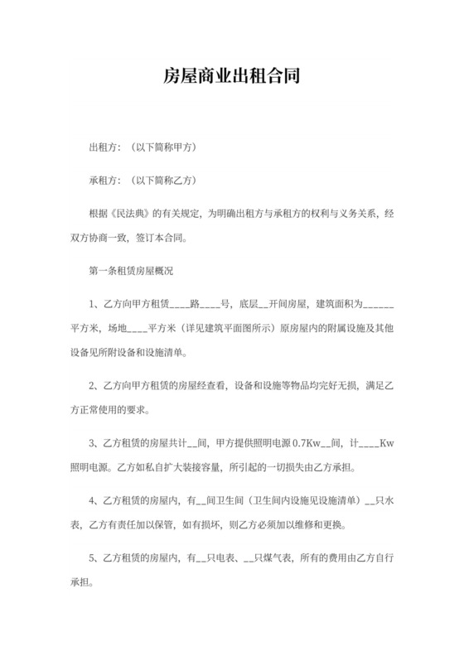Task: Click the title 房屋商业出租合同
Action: click(x=231, y=78)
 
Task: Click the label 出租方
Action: click(x=102, y=148)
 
